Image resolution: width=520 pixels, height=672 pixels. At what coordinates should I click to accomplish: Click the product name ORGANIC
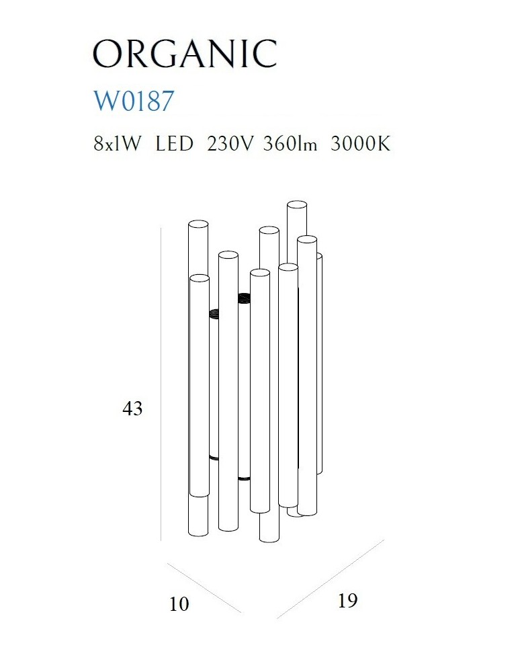pyautogui.click(x=185, y=54)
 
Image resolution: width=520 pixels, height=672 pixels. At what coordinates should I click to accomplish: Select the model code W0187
pyautogui.click(x=134, y=101)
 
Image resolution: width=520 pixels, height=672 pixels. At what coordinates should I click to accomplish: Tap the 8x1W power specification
pyautogui.click(x=117, y=144)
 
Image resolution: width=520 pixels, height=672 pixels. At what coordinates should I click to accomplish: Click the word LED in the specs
pyautogui.click(x=174, y=144)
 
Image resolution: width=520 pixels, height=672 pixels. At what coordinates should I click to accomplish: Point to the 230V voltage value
pyautogui.click(x=230, y=144)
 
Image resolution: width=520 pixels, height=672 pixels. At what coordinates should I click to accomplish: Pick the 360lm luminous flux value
pyautogui.click(x=290, y=144)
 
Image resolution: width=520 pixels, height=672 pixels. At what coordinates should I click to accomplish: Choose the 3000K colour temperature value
pyautogui.click(x=361, y=144)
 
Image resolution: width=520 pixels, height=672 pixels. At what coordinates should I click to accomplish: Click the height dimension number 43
pyautogui.click(x=132, y=409)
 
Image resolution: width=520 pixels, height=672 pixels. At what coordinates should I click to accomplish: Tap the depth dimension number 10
pyautogui.click(x=179, y=604)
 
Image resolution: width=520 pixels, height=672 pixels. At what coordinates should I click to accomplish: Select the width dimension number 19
pyautogui.click(x=347, y=600)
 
